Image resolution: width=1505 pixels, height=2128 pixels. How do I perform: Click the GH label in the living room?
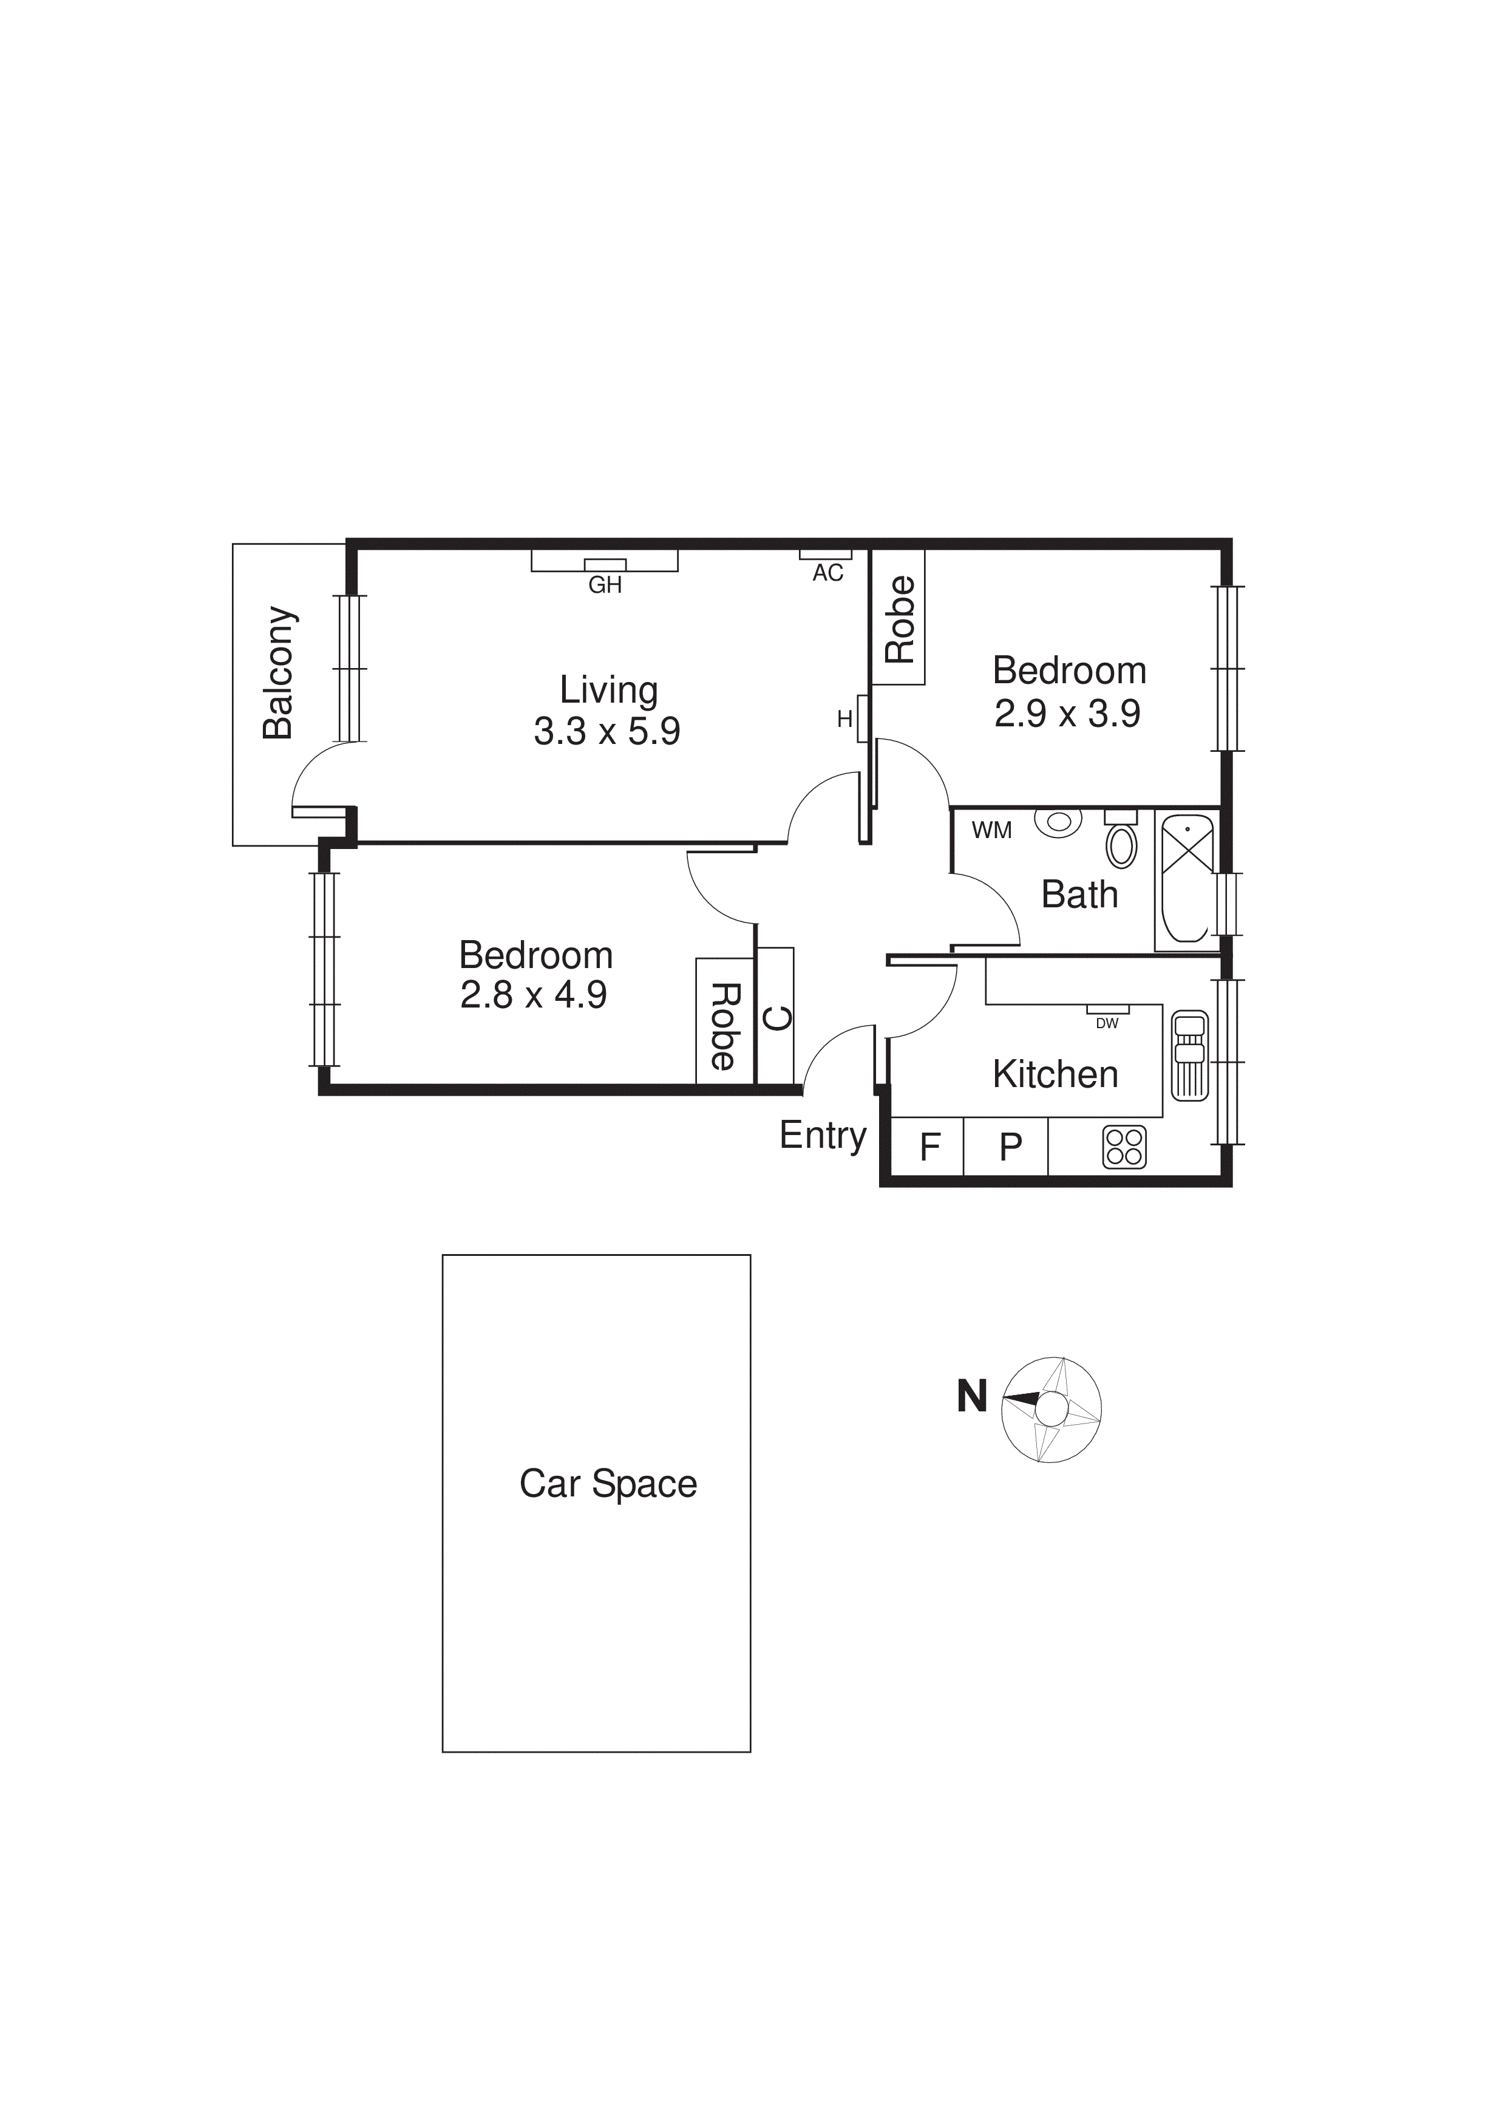(605, 585)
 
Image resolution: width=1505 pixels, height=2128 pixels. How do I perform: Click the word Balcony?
(278, 673)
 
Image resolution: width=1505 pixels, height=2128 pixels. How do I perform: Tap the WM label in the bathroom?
(991, 830)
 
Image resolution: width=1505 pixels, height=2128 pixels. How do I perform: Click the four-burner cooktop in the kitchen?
(1124, 1147)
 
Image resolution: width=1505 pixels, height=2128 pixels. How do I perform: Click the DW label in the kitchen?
(1107, 1024)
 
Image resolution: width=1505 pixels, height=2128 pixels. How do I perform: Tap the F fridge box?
(929, 1147)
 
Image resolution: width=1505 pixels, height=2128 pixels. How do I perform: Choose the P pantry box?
(1009, 1147)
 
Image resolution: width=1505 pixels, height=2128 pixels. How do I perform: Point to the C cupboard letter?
(776, 1018)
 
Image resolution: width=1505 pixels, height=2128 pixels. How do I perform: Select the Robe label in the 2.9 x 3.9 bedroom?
(900, 619)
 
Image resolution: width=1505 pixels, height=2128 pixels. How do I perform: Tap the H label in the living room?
(844, 719)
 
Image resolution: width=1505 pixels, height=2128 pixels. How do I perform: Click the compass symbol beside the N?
(1051, 1410)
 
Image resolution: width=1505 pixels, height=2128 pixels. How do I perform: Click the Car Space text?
(608, 1484)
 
